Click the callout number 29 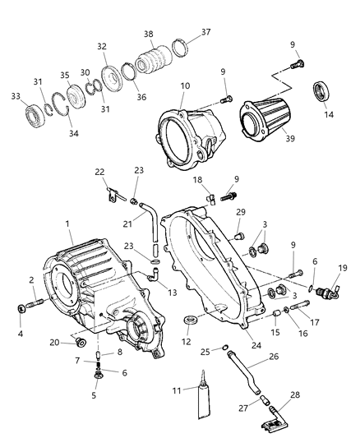[x=241, y=213]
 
